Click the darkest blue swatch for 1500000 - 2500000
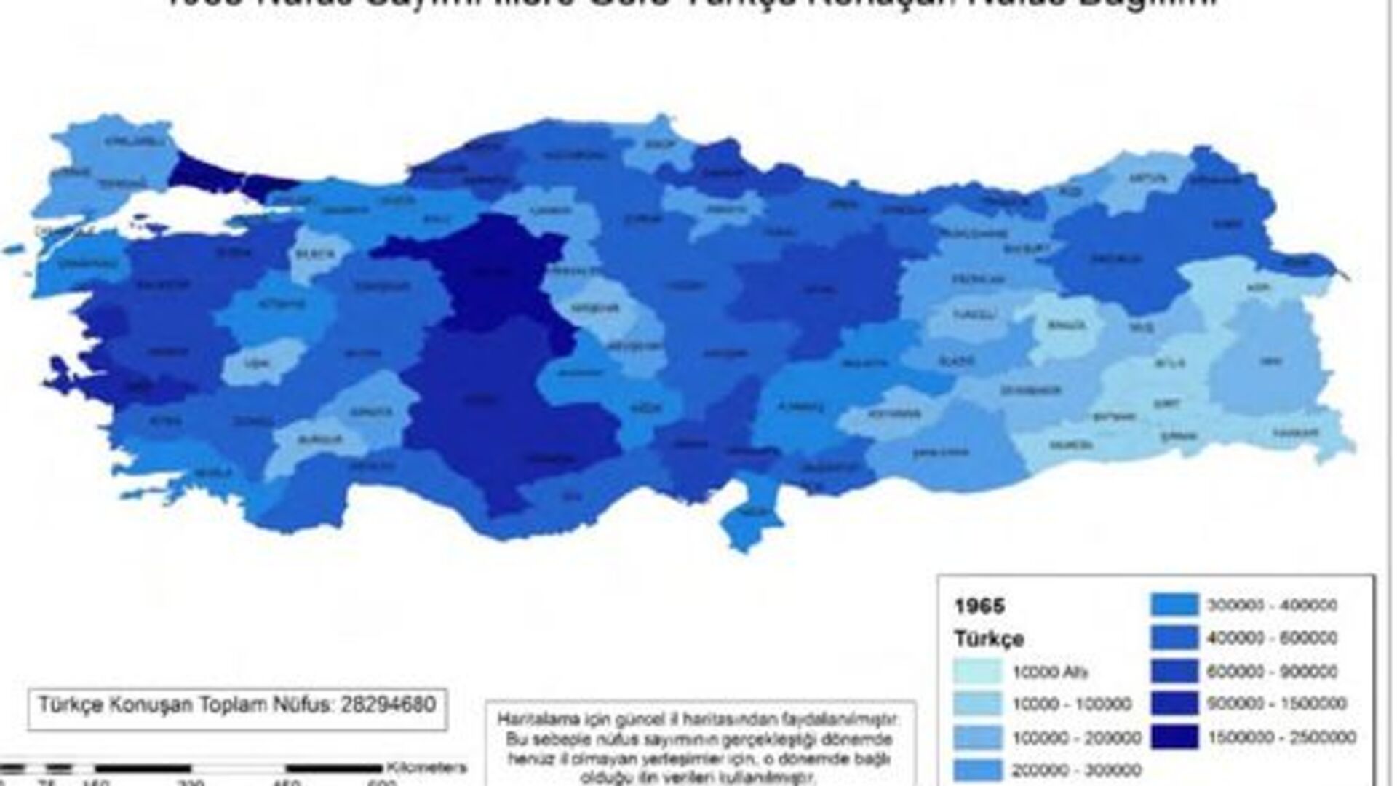(1174, 737)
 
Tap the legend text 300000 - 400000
(1272, 605)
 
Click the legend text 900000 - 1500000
(1277, 704)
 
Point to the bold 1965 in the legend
(979, 606)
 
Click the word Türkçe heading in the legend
(989, 639)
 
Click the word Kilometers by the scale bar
(426, 767)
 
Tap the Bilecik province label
(314, 255)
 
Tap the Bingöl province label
(1067, 325)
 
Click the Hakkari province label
(1296, 433)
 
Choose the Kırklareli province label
(125, 142)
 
